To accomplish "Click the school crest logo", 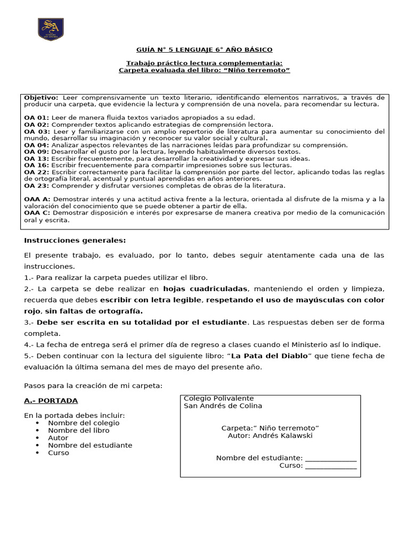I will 51,29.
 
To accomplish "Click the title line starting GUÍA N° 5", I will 204,49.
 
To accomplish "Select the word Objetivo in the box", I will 41,98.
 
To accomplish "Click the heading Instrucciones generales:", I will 75,241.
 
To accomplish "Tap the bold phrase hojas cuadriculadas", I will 205,288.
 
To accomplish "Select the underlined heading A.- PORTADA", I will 51,400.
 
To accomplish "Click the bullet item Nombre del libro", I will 79,430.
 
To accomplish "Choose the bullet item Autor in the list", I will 58,437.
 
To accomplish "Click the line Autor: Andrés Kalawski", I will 270,435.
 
